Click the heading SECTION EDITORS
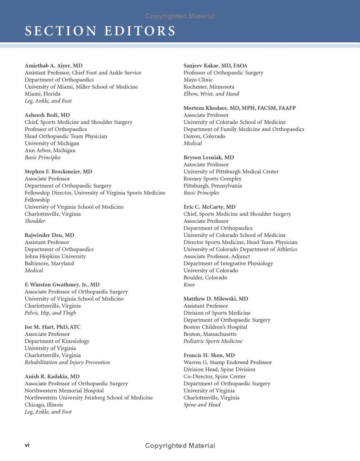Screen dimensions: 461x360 click(x=100, y=31)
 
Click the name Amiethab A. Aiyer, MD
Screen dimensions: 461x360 click(x=54, y=66)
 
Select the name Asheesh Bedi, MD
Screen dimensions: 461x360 click(x=47, y=115)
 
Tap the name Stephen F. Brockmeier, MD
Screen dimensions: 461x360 click(x=58, y=172)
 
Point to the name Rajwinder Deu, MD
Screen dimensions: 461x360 click(x=49, y=235)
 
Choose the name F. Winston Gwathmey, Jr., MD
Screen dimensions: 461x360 click(x=62, y=285)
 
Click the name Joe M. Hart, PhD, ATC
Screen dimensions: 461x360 click(x=53, y=327)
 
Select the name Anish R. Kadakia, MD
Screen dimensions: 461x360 click(x=52, y=376)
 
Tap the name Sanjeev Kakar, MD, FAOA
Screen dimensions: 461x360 click(x=215, y=66)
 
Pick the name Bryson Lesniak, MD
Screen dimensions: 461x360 click(x=208, y=158)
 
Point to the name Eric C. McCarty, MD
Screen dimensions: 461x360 click(x=209, y=207)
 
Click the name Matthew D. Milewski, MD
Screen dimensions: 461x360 click(x=216, y=299)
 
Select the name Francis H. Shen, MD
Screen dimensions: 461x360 click(x=209, y=355)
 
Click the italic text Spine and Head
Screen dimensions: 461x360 click(x=202, y=405)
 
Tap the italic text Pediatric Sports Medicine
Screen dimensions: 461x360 click(x=213, y=341)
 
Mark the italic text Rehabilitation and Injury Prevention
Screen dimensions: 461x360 click(x=67, y=362)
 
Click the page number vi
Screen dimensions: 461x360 click(x=27, y=445)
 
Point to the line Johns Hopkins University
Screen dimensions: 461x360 click(x=55, y=256)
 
